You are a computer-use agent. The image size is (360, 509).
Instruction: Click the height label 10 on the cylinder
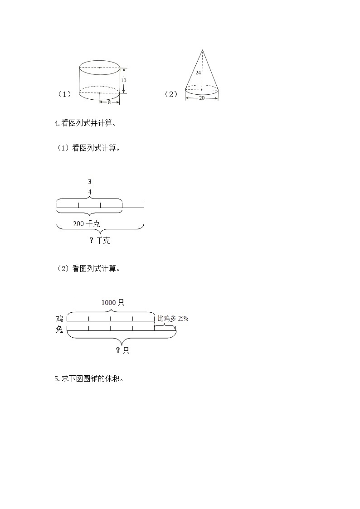[124, 80]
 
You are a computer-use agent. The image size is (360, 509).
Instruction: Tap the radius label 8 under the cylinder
[109, 102]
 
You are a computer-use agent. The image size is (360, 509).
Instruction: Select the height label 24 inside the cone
[198, 73]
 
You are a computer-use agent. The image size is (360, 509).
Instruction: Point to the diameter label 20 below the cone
[202, 98]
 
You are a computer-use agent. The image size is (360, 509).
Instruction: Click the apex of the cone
[202, 50]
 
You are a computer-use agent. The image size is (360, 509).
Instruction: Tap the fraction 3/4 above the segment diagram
[89, 187]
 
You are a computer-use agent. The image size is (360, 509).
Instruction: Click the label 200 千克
[86, 224]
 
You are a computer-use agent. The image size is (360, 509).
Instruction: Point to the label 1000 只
[112, 303]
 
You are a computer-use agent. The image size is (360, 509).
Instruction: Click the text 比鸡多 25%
[173, 319]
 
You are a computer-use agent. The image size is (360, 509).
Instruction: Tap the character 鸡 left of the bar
[59, 319]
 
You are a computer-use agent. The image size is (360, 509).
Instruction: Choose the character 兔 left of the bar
[59, 330]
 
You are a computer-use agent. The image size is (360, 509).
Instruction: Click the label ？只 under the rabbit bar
[122, 350]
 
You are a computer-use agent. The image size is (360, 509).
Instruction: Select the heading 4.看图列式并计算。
[85, 123]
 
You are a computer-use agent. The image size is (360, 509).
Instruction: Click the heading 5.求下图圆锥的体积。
[88, 379]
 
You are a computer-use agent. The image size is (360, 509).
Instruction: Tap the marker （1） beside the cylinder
[64, 94]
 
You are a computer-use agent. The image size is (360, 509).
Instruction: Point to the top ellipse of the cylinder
[100, 67]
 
